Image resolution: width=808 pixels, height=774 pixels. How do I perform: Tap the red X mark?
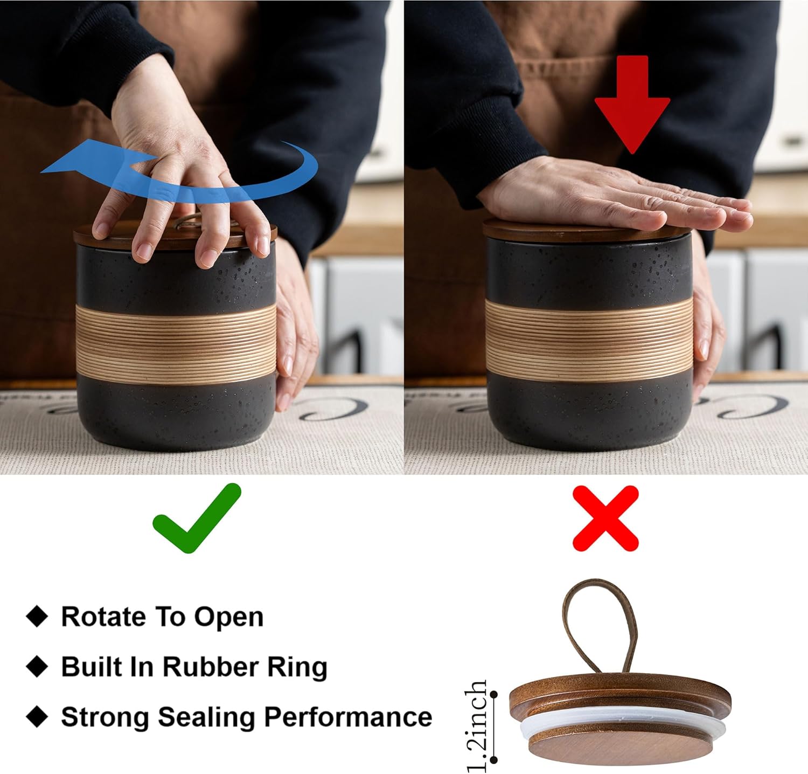605,518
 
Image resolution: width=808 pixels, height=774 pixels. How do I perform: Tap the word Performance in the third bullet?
348,717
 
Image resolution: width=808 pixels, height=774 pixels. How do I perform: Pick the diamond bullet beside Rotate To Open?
37,616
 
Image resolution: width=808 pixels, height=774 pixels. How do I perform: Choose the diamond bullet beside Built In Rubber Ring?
37,666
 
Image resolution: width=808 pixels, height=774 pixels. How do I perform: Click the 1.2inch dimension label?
476,725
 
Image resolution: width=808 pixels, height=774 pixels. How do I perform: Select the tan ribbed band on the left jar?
176,344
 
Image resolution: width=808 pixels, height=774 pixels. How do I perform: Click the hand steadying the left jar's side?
294,329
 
